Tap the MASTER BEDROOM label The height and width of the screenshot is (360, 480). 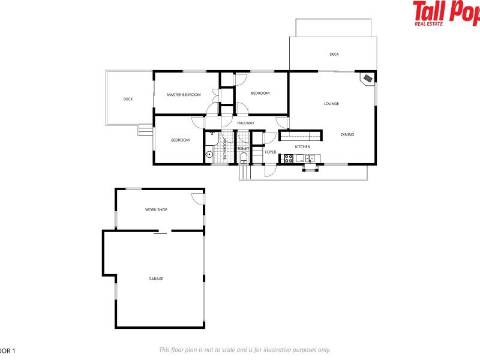(x=184, y=95)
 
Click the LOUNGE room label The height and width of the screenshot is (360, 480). (x=331, y=104)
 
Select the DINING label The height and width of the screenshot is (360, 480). (x=347, y=134)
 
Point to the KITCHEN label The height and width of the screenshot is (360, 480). (x=302, y=147)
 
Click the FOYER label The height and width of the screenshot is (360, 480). (x=271, y=152)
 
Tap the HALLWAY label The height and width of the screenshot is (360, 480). (x=245, y=124)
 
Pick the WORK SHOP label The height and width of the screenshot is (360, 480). (x=156, y=210)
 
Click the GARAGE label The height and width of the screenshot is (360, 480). (x=156, y=278)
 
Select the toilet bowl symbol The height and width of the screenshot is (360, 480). (x=244, y=158)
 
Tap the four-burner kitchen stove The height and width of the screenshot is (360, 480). (x=288, y=159)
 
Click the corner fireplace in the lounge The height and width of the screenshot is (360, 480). (x=367, y=78)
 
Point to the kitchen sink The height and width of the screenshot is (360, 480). (x=309, y=159)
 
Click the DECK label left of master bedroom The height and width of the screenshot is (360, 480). (x=128, y=99)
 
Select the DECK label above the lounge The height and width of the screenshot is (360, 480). (x=334, y=55)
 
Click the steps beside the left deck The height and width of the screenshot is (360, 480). (x=145, y=129)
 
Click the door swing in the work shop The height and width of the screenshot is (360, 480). (x=197, y=198)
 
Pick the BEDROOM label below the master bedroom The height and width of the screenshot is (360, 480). (x=180, y=140)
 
